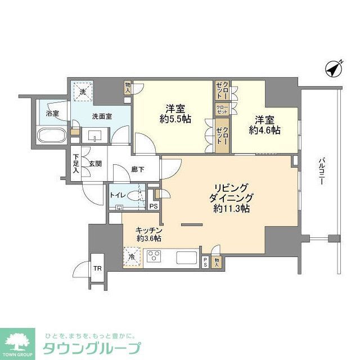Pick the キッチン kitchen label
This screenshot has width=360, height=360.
pos(149,230)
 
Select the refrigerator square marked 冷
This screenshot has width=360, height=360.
pos(132,257)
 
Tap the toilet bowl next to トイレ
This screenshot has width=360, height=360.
pos(134,196)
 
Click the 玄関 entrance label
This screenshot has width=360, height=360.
pos(94,164)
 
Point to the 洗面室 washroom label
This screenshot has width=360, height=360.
pos(102,116)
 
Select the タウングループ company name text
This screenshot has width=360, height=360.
pos(92,347)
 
